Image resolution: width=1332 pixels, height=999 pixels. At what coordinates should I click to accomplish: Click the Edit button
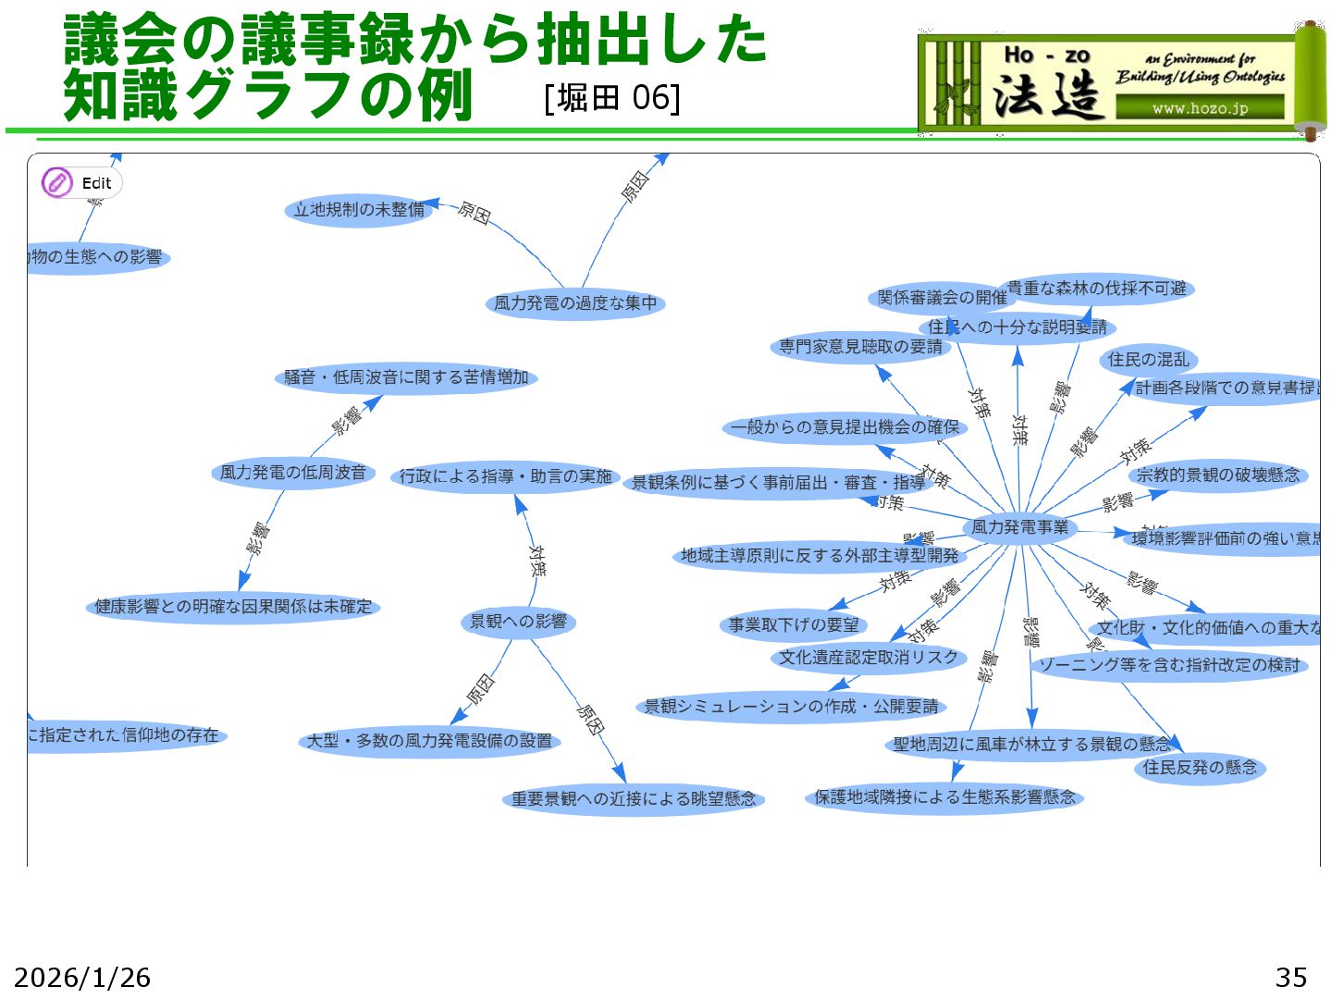coord(81,183)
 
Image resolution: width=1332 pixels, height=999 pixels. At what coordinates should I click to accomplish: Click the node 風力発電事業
coord(1019,527)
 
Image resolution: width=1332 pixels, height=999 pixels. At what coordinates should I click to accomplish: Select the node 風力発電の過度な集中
coord(574,303)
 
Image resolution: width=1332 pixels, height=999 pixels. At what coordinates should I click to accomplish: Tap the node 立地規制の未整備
coord(359,210)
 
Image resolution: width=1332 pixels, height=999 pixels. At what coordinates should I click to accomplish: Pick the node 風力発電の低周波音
coord(292,473)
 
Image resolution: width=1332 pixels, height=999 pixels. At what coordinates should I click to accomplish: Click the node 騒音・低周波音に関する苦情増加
coord(406,377)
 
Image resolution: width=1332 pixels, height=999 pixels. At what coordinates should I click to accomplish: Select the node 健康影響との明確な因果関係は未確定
coord(233,607)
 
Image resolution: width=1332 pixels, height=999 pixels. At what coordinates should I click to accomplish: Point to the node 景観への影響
coord(518,622)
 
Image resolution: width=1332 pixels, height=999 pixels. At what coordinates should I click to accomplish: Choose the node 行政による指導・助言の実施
coord(505,476)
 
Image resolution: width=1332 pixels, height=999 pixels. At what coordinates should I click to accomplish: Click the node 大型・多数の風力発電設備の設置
coord(429,741)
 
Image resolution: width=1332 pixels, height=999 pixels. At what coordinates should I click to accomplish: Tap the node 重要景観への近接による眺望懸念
coord(634,798)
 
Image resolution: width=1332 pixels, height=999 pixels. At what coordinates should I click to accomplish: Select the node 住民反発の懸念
coord(1200,767)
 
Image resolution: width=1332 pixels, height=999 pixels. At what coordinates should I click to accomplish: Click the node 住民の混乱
coord(1148,360)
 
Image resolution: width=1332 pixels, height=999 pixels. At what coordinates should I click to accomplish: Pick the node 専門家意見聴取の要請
coord(860,347)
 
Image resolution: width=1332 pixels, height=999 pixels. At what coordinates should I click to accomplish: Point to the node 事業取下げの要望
coord(793,625)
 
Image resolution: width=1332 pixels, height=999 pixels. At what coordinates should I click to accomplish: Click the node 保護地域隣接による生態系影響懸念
coord(944,797)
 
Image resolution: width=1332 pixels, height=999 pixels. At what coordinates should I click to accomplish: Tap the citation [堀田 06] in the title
coord(612,97)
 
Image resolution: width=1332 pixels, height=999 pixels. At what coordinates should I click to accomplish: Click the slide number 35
coord(1290,977)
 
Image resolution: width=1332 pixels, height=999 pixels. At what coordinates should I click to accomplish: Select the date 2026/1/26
coord(82,977)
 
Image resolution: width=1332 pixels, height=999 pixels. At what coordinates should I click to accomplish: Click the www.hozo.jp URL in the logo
coord(1200,108)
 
